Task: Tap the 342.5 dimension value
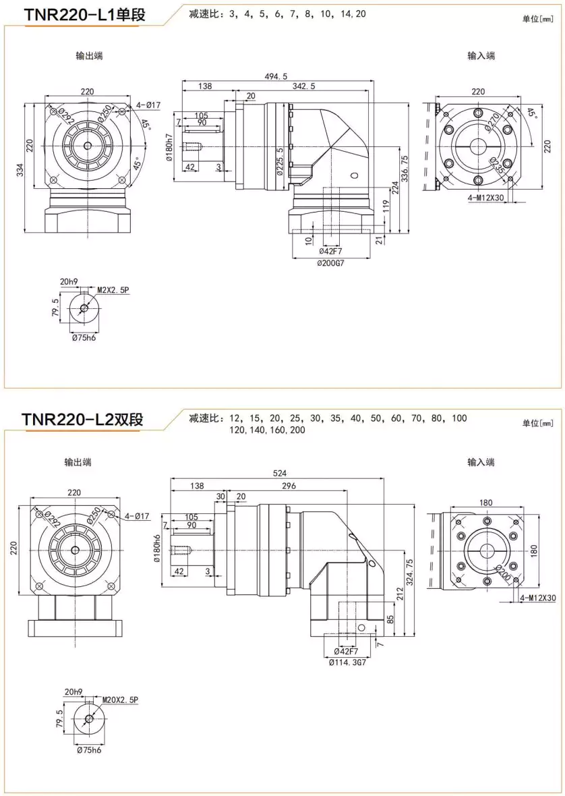303,86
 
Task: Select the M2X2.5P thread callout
112,290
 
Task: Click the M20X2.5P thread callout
120,700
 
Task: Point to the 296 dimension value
289,485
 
